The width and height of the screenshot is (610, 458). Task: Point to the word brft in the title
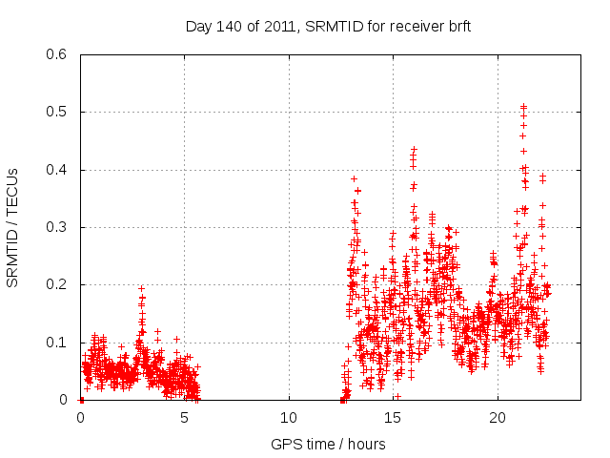tap(457, 27)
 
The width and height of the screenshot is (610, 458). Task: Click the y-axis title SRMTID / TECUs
tap(12, 228)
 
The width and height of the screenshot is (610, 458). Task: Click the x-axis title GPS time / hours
tap(328, 444)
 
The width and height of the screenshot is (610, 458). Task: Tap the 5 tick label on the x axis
tap(185, 417)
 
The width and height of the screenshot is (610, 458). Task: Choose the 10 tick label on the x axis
tap(289, 417)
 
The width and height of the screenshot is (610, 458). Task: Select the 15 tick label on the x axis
tap(394, 417)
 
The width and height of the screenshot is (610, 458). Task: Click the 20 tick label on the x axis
tap(498, 417)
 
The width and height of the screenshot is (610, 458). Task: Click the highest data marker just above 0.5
tap(523, 106)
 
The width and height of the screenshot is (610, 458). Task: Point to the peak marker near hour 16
tap(414, 149)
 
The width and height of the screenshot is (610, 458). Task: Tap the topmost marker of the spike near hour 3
tap(141, 288)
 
